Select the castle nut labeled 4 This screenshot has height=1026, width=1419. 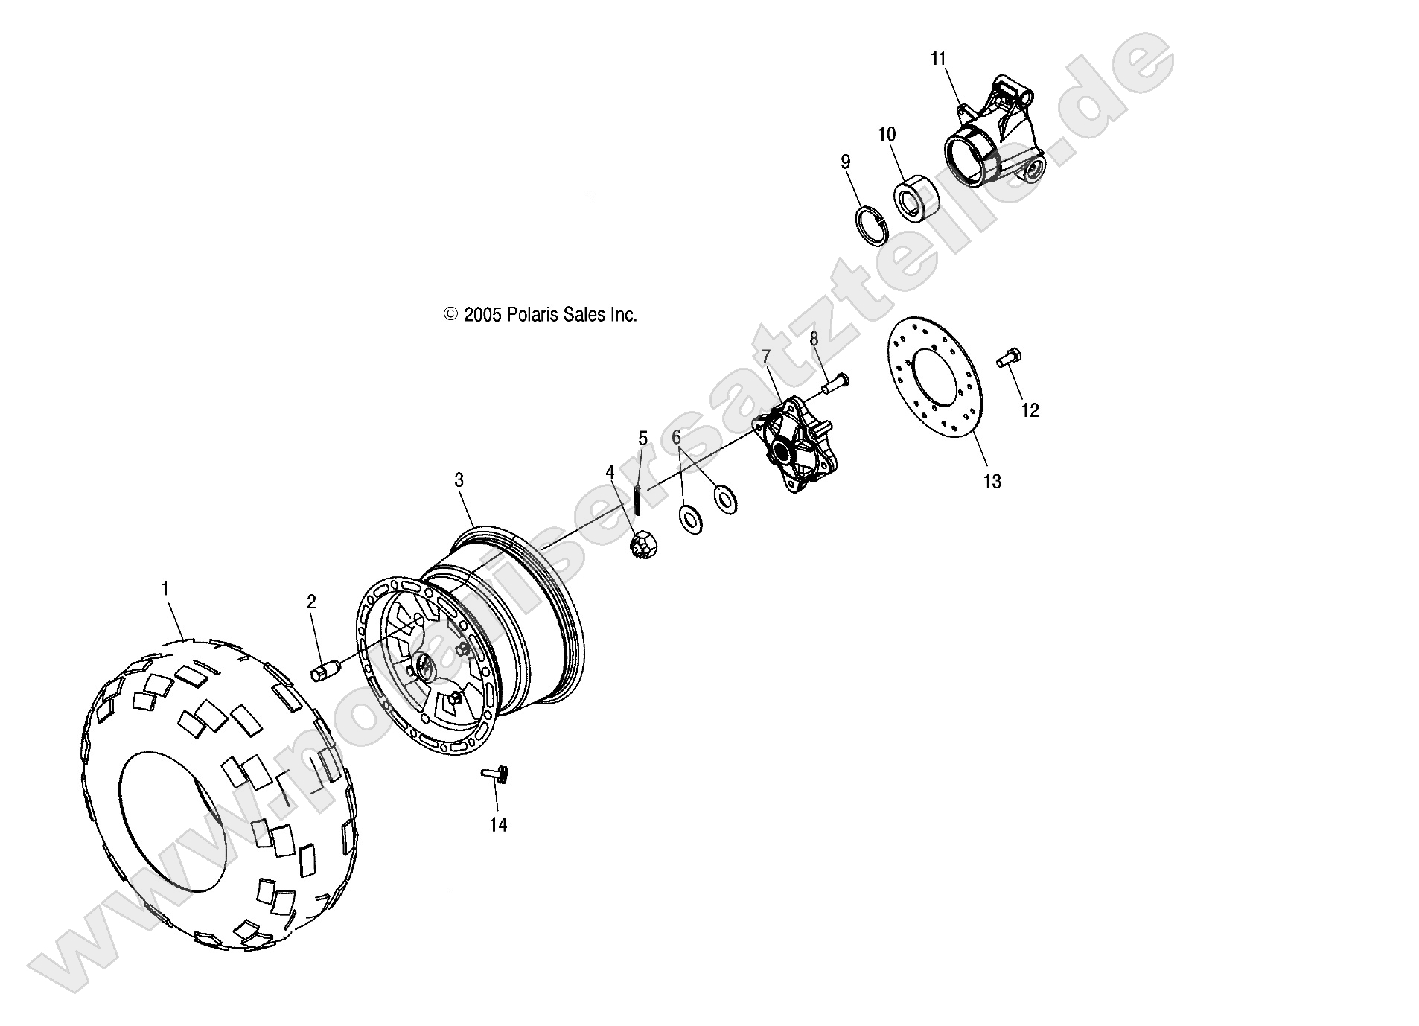click(x=640, y=546)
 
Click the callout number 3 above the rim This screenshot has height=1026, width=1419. click(x=459, y=480)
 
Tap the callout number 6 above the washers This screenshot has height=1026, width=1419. click(x=676, y=438)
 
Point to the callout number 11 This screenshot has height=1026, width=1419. click(x=938, y=58)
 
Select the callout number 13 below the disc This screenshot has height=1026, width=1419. click(x=992, y=482)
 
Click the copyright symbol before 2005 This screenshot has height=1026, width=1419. click(x=450, y=315)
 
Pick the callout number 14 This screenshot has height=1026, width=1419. click(x=498, y=825)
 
